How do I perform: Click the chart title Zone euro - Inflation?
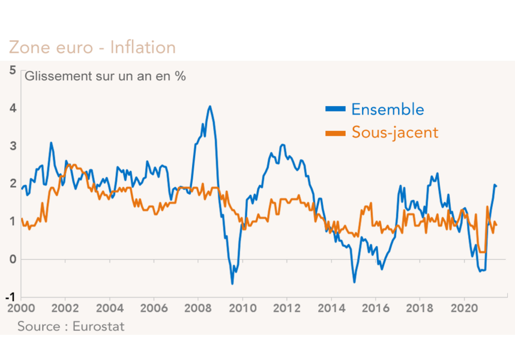coord(92,47)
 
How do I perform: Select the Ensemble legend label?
coord(387,109)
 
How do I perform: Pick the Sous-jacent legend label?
coord(395,132)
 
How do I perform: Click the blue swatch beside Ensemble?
coord(336,109)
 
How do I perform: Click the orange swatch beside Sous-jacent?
coord(336,132)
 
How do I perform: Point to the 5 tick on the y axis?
coord(13,70)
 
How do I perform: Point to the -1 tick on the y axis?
coord(11,298)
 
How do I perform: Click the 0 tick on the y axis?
coord(13,259)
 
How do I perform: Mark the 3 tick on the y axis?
coord(13,146)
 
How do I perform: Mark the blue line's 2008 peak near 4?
coord(209,107)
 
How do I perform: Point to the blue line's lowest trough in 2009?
coord(232,283)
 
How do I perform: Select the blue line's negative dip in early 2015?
coord(354,281)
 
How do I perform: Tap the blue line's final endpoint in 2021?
coord(496,186)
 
